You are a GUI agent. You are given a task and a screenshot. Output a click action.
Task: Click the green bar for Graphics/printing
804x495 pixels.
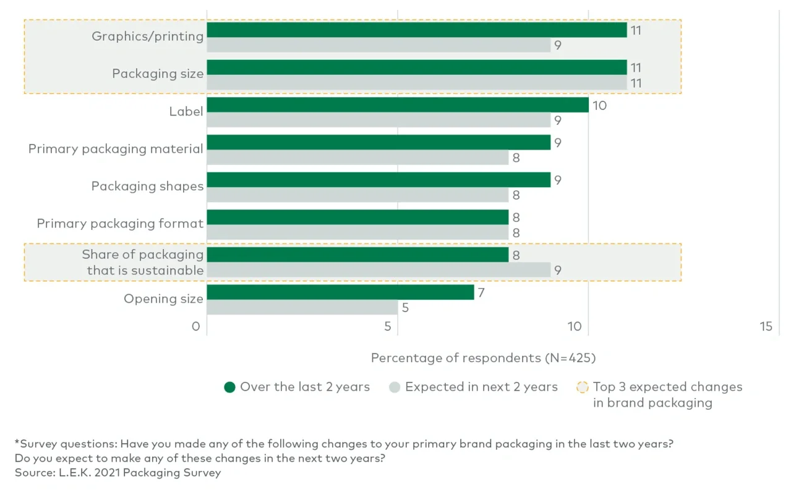coord(416,30)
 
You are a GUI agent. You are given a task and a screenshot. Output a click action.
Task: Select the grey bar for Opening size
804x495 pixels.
coord(302,307)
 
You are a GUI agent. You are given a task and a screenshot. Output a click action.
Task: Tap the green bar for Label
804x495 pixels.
coord(397,105)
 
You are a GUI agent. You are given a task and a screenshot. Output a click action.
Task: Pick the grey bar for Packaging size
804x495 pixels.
coord(416,83)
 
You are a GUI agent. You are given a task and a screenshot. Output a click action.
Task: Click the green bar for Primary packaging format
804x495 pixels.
coord(357,218)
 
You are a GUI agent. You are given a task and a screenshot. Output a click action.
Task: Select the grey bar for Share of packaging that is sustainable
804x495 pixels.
coord(378,270)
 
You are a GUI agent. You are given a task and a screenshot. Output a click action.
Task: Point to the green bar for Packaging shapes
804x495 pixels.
coord(378,180)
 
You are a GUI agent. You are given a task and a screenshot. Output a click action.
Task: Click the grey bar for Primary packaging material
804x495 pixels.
coord(357,158)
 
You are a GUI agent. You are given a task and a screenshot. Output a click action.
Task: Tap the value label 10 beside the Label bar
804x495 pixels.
coord(599,106)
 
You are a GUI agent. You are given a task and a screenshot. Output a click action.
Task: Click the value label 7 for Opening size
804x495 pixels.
coord(481,292)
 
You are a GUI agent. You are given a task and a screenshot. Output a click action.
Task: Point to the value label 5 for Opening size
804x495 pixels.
coord(405,308)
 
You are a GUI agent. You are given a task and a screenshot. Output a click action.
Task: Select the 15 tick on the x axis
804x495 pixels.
coord(766,326)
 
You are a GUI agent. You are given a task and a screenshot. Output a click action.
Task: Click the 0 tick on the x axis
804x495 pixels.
coord(196,326)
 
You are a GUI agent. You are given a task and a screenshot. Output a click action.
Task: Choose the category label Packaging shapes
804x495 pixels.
coord(147,186)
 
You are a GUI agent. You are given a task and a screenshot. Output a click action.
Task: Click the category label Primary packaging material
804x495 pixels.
coord(116,149)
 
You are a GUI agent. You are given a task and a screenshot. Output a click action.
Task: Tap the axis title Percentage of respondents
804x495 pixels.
coord(482,358)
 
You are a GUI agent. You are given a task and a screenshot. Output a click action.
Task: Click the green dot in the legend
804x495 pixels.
coord(230,387)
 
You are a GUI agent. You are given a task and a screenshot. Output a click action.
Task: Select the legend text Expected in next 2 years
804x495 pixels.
coord(481,387)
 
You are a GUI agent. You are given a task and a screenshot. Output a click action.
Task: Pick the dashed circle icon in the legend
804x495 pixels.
coord(582,387)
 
